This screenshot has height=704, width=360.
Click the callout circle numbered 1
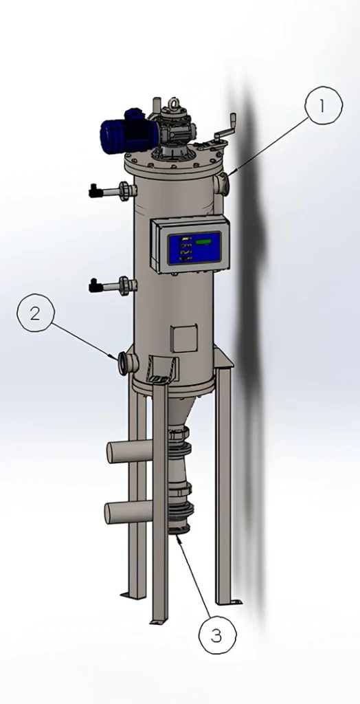point(323,105)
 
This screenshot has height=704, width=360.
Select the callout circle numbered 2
point(36,314)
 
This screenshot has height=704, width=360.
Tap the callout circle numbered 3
point(217,636)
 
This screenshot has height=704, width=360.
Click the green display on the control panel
point(204,242)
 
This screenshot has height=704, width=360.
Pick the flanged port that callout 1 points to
point(221,184)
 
